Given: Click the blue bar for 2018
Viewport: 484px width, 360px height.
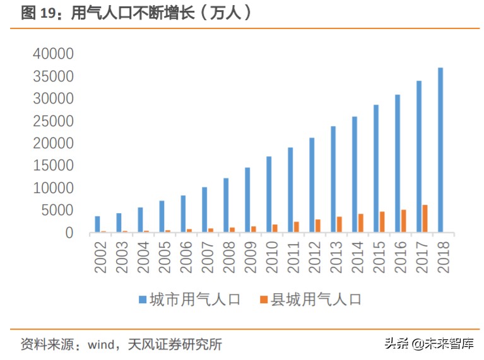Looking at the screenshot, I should click(x=440, y=150).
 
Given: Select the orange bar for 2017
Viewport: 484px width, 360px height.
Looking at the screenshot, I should click(x=425, y=219).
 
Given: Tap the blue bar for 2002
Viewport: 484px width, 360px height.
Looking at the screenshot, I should click(x=97, y=224).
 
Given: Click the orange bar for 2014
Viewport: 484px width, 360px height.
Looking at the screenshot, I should click(x=360, y=223).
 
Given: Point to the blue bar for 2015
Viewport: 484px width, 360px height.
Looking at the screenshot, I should click(x=376, y=168).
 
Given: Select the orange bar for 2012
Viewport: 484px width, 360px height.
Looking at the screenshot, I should click(x=317, y=226).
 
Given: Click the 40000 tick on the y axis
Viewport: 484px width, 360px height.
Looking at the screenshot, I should click(x=53, y=54).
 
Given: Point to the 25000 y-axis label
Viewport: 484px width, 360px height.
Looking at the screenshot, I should click(x=53, y=121).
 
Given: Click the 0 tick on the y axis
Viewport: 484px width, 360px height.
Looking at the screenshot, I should click(x=69, y=233).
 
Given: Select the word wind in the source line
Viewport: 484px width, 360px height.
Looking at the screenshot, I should click(x=100, y=344).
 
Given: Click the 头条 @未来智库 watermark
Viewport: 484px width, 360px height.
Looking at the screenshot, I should click(x=428, y=344).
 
